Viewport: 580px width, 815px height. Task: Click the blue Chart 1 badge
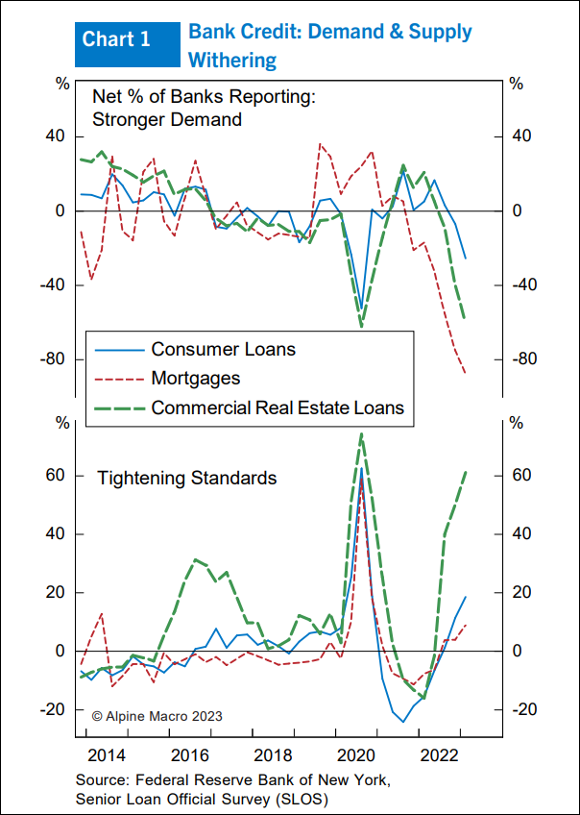coord(116,39)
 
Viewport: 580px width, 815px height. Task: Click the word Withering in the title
coord(232,61)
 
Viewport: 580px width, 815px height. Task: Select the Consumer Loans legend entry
coord(223,349)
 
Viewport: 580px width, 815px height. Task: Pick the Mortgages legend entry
coord(196,379)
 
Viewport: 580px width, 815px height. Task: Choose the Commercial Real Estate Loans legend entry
coord(278,407)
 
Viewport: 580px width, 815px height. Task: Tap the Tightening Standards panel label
coord(187,478)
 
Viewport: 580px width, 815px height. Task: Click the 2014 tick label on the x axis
coord(109,753)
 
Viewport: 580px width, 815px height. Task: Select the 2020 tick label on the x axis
coord(356,753)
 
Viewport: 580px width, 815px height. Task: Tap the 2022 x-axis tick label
coord(439,753)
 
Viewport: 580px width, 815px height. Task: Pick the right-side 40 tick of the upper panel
coord(520,136)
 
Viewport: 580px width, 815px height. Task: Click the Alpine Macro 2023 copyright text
coord(157,715)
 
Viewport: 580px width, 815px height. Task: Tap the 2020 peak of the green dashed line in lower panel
coord(361,433)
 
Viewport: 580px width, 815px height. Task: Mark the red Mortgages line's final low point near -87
coord(466,373)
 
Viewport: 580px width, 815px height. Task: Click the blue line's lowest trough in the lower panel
coord(403,722)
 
